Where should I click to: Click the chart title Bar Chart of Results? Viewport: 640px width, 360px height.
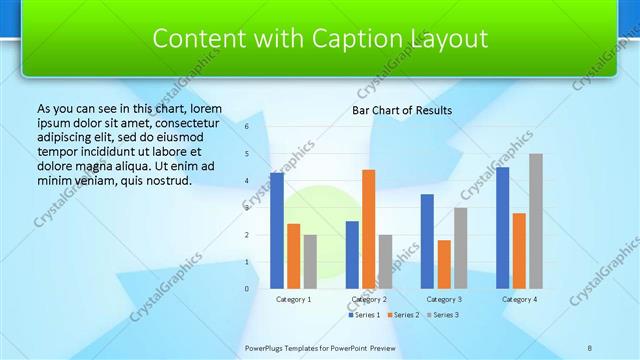pos(402,110)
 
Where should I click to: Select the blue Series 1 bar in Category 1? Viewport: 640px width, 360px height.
pos(277,231)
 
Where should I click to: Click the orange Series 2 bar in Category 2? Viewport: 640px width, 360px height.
pos(369,229)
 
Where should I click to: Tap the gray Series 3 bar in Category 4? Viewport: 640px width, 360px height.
pos(536,221)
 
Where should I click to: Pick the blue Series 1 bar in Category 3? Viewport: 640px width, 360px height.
pos(427,241)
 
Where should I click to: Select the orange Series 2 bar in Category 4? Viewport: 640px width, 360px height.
pos(519,251)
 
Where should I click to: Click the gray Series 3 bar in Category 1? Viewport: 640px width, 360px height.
pos(310,262)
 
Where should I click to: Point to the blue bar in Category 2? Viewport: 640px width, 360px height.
pos(352,255)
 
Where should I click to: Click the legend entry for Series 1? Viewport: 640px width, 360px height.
pos(365,315)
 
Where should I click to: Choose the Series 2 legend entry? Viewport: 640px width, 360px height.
pos(402,315)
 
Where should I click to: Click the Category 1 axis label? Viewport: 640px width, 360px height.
pos(294,299)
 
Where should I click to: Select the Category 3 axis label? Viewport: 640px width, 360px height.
pos(444,299)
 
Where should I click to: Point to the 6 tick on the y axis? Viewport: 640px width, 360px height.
pos(247,127)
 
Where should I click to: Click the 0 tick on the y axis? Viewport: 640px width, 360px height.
pos(247,289)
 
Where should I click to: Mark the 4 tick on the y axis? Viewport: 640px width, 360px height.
pos(247,181)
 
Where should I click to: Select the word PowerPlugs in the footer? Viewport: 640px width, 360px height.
pos(269,347)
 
